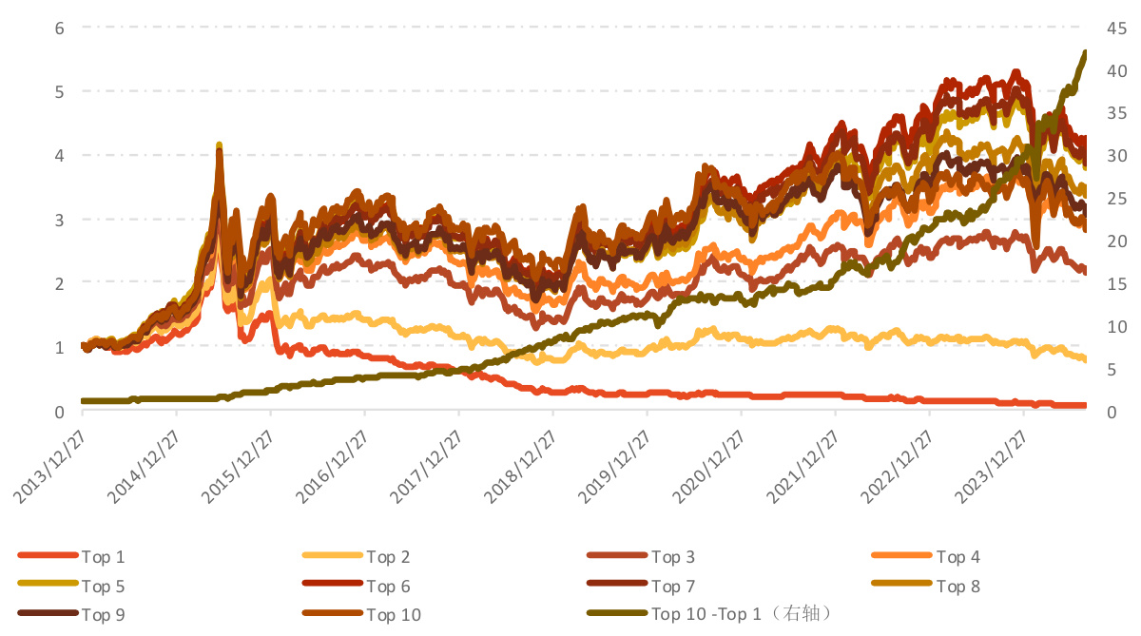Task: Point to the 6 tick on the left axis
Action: (x=59, y=28)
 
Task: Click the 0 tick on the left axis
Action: (x=59, y=412)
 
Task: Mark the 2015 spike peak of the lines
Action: (x=220, y=145)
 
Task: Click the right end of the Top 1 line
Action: (x=1085, y=405)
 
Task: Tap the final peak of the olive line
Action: (x=1085, y=53)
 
